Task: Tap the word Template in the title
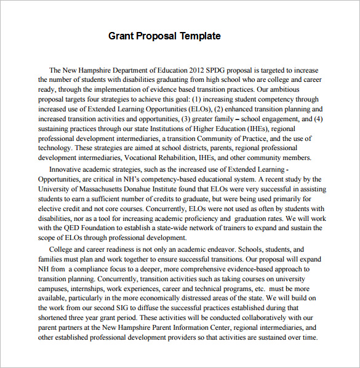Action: (x=200, y=36)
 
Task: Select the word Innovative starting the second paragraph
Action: (x=68, y=169)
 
